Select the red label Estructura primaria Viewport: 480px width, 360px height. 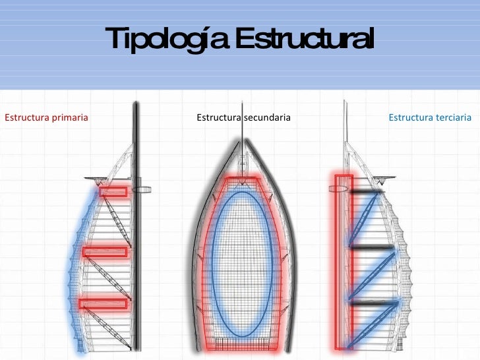[46, 118]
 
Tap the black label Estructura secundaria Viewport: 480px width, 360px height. [243, 118]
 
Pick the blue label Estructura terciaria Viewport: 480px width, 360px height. [430, 118]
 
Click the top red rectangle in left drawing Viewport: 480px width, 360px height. [113, 192]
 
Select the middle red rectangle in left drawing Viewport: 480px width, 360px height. [105, 251]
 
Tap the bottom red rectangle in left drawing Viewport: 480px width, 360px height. [103, 303]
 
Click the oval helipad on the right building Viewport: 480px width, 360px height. [338, 188]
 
